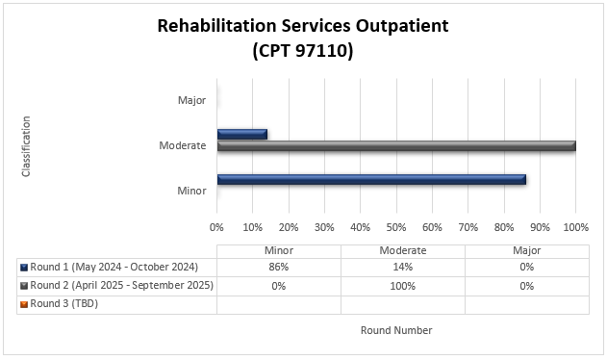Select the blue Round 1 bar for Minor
click(371, 179)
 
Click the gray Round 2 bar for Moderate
click(395, 146)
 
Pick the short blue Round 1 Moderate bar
click(241, 134)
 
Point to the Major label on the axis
click(191, 100)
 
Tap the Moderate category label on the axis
click(183, 145)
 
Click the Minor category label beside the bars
click(191, 191)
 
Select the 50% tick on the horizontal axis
click(395, 227)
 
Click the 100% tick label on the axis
click(575, 227)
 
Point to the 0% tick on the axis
click(216, 227)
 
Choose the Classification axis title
click(26, 145)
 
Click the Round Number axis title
click(396, 330)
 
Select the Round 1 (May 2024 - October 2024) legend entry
click(114, 268)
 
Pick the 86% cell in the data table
click(278, 268)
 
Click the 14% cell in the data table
click(402, 268)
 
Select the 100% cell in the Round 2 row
click(402, 286)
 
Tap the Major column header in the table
click(526, 250)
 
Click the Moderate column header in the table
click(402, 250)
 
